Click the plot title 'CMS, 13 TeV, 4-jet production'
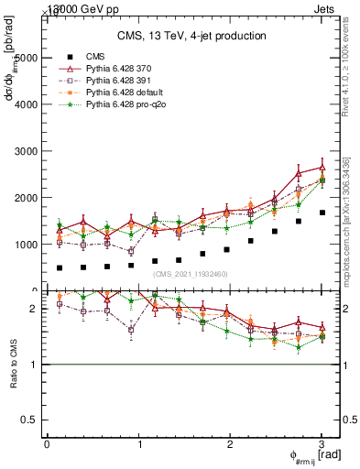(x=191, y=36)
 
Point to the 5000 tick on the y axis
(x=27, y=58)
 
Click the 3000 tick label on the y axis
(x=27, y=151)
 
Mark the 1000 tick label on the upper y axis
(x=27, y=245)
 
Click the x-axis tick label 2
(x=231, y=444)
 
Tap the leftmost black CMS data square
(x=60, y=268)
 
